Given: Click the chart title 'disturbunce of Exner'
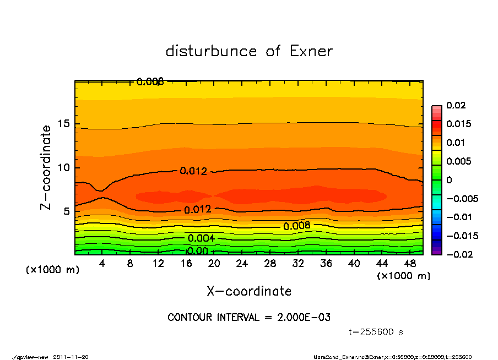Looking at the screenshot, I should (249, 51).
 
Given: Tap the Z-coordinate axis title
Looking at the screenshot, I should (46, 167).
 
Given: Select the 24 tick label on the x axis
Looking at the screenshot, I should (242, 264).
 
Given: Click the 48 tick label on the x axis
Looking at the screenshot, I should (410, 264).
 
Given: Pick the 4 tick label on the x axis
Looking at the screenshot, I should (102, 264).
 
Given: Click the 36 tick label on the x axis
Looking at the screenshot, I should (326, 264).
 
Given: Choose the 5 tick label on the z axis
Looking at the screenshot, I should (66, 211).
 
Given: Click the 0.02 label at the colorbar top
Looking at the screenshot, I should (456, 105).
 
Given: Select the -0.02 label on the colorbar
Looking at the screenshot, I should (458, 254).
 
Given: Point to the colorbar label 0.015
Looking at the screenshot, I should (459, 124).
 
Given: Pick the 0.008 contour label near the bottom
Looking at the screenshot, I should (297, 226).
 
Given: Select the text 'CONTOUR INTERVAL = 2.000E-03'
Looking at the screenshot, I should (249, 317).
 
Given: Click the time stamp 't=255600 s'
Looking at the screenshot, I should (377, 332).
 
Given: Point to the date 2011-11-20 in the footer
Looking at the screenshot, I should (71, 357).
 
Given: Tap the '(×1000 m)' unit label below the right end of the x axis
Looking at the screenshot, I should (403, 276).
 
